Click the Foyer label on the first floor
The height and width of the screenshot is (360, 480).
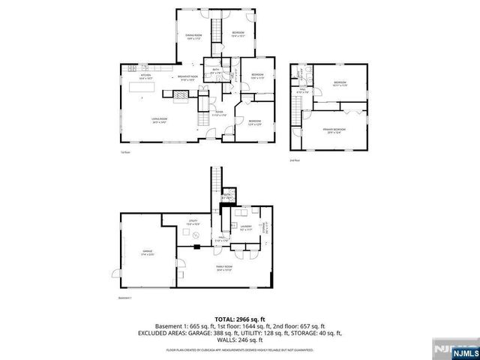(218, 114)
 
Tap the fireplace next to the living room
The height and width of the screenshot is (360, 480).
(181, 94)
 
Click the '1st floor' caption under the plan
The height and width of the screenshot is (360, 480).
(125, 152)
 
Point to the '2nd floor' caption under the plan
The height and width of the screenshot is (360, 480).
(294, 160)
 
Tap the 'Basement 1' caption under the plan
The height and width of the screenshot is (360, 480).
(125, 298)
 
